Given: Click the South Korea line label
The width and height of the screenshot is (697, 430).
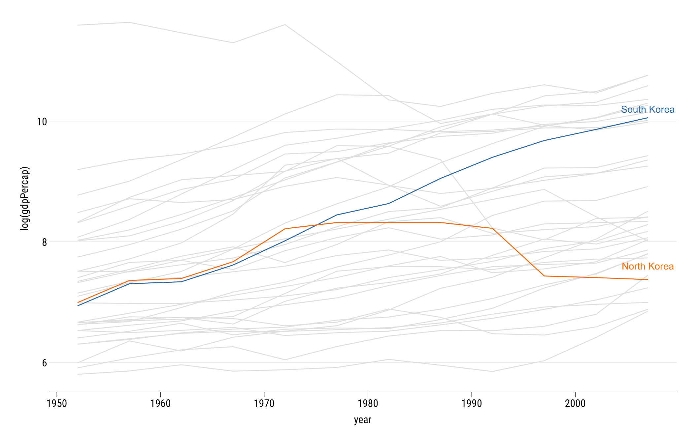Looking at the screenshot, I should pos(647,110).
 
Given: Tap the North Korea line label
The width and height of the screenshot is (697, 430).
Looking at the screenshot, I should pos(647,267).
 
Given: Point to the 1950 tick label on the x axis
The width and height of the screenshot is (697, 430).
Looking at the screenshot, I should pos(57,403).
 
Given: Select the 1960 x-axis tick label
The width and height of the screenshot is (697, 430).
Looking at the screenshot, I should pos(160,403).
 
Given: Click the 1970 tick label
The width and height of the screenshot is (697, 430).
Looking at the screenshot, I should pos(264,403).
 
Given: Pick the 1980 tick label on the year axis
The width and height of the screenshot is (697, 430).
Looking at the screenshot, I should pos(368,403).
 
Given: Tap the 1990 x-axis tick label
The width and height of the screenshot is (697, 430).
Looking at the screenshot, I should pos(472,403).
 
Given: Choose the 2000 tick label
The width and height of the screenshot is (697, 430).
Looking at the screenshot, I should pos(575,403).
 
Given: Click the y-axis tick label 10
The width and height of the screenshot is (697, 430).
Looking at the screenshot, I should pos(42,122).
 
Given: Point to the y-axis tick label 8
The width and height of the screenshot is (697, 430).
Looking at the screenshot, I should pos(45,242).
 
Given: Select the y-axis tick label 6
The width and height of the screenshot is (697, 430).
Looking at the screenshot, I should pos(45,363).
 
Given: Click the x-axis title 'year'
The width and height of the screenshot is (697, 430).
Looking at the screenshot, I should pos(363,420).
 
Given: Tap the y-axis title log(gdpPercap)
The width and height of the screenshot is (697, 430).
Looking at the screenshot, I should pos(25,198).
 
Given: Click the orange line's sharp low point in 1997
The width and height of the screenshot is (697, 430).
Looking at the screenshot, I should pos(544,276).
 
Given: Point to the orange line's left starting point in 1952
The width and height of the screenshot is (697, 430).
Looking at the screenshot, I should pos(78,302).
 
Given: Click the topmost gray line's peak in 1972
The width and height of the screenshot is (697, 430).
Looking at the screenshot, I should pos(285,25).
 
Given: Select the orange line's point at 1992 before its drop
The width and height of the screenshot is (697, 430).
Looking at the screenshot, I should pos(492,228).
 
